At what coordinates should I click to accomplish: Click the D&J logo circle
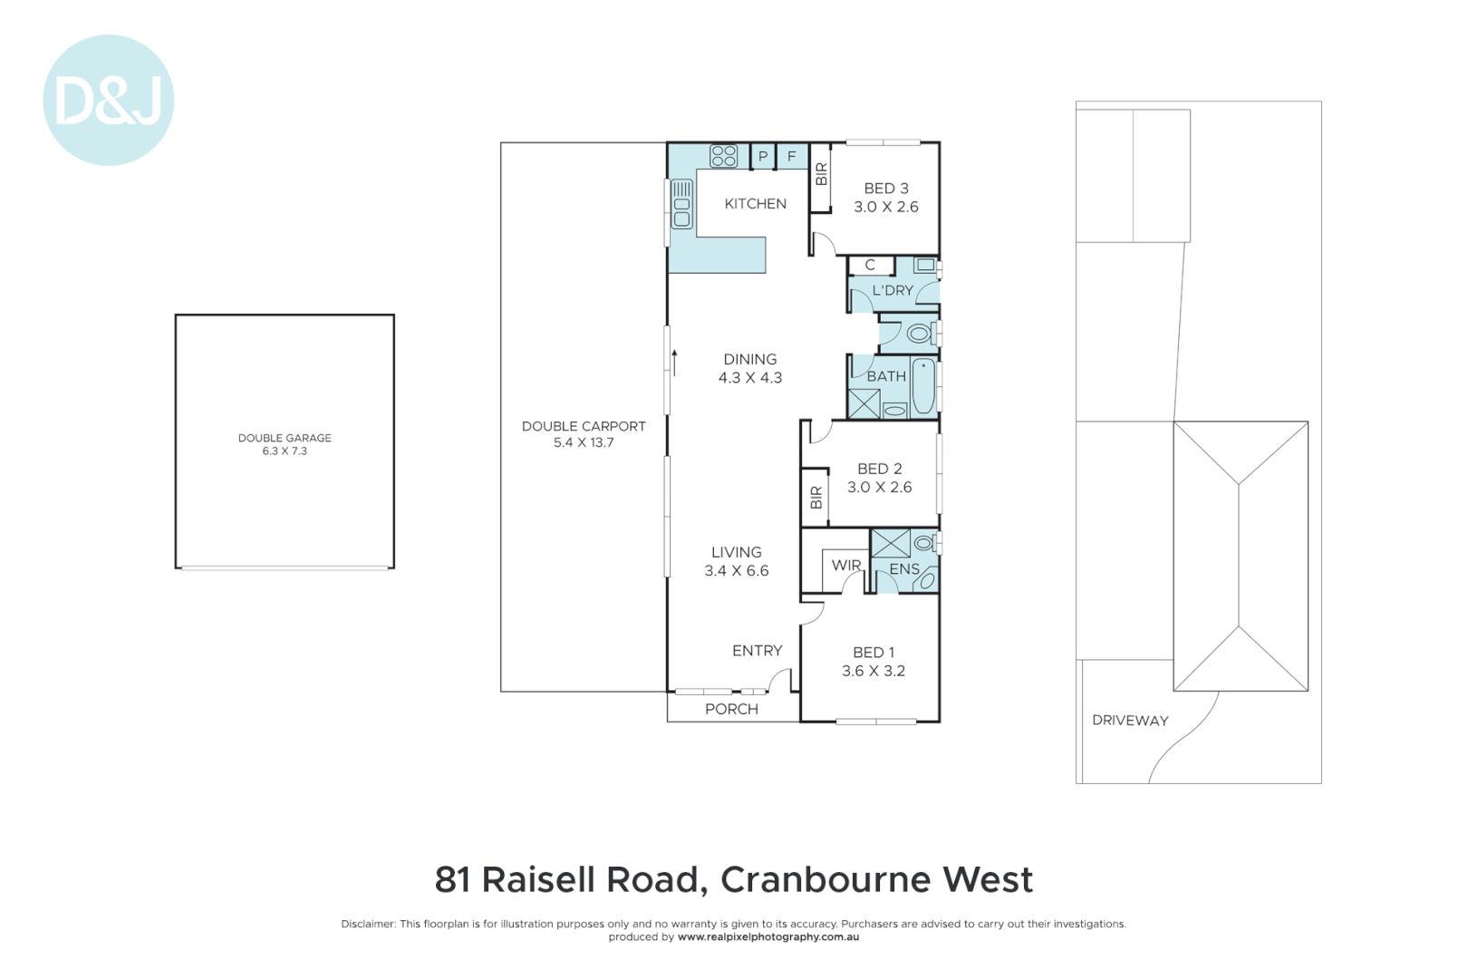click(x=108, y=100)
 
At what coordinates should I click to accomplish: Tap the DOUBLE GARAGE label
click(x=285, y=438)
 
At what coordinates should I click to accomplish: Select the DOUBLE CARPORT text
click(x=584, y=426)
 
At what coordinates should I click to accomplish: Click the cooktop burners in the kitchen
click(x=723, y=156)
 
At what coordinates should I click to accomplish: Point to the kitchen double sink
click(x=681, y=204)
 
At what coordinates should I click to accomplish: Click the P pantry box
click(x=763, y=157)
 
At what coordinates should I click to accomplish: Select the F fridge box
click(x=791, y=157)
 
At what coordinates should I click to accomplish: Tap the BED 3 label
click(x=885, y=189)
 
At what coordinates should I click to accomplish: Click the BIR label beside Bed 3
click(x=821, y=173)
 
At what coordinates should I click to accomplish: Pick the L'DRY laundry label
click(x=893, y=290)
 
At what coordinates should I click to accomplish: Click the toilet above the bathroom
click(x=920, y=334)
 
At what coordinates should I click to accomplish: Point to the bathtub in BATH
click(x=922, y=387)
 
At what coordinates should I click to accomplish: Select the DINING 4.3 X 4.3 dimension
click(x=749, y=378)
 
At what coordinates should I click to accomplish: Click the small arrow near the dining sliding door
click(x=674, y=361)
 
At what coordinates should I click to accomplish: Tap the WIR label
click(x=846, y=565)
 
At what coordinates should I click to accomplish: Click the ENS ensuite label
click(x=903, y=569)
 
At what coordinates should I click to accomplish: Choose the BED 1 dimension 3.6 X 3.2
click(x=873, y=671)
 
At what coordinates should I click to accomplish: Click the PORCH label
click(x=731, y=709)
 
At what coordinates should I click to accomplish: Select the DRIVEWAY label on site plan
click(x=1129, y=721)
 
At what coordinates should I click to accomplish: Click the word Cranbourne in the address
click(x=826, y=879)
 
